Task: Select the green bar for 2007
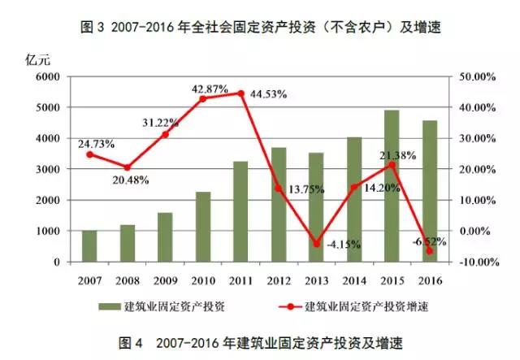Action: tap(89, 246)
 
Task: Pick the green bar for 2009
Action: tap(165, 237)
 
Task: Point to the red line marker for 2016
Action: tap(430, 251)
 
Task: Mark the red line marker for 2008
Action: tap(128, 167)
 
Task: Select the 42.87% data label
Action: tap(210, 87)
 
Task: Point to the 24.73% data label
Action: tap(97, 144)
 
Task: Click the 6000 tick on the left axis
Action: tap(49, 76)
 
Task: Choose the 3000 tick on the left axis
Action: tap(49, 169)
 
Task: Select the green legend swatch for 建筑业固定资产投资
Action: tap(110, 306)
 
